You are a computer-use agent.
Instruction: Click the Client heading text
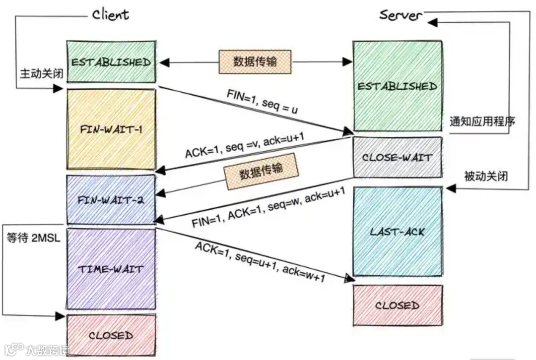(x=111, y=14)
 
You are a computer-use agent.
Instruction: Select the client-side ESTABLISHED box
(x=111, y=62)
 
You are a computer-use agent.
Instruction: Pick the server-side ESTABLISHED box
(x=397, y=86)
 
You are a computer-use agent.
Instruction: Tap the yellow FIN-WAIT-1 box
(x=111, y=130)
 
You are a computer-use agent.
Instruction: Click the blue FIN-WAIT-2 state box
(x=111, y=200)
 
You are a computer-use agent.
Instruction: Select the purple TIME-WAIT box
(x=111, y=269)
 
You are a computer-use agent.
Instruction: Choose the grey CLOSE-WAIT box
(x=397, y=158)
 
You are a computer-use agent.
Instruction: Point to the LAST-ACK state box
(x=397, y=231)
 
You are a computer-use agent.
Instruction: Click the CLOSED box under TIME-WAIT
(x=111, y=335)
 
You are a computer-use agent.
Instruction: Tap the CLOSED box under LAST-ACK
(x=397, y=305)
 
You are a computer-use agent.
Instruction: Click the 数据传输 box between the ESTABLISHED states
(x=255, y=61)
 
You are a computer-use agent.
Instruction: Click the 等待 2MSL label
(x=33, y=237)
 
